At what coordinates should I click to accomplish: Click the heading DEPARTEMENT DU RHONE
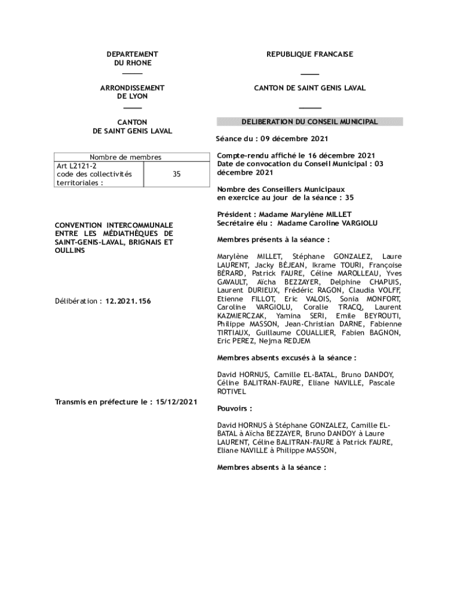coord(132,59)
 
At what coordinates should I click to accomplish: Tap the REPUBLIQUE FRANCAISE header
coord(309,54)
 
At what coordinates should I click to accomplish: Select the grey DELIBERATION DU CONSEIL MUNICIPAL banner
coord(309,122)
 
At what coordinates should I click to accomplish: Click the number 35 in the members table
coord(177,175)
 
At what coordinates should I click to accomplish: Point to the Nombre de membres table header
coord(125,157)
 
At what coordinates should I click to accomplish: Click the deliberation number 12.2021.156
coord(128,301)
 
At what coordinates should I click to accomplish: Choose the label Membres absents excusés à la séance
coord(286,358)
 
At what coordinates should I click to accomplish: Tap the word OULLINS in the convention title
coord(70,251)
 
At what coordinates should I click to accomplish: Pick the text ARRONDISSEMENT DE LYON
coord(132,92)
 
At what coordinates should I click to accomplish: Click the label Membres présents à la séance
coord(273,240)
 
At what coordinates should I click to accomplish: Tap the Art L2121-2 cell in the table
coord(72,166)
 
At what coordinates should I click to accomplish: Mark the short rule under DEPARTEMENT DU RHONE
coord(132,74)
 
